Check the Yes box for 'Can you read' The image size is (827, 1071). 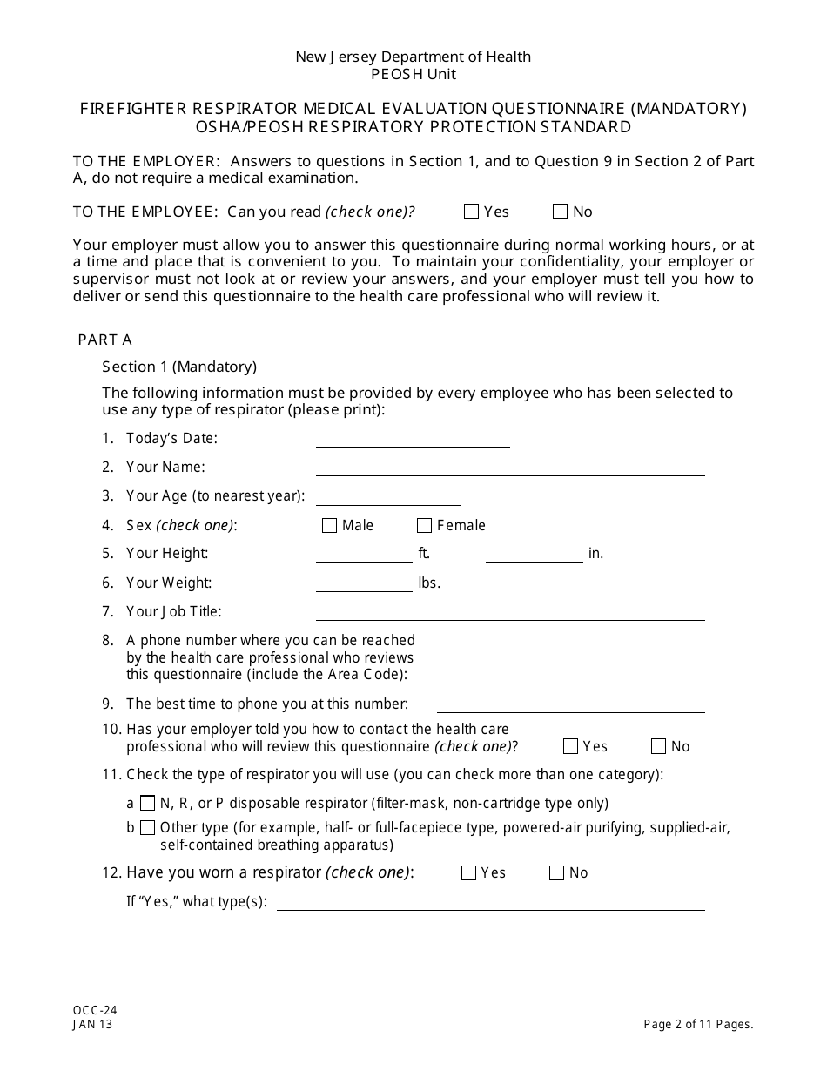(472, 212)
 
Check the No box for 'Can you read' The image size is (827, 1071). (560, 212)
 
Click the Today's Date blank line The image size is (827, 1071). (413, 440)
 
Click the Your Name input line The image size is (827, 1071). (510, 468)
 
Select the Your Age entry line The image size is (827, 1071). (388, 497)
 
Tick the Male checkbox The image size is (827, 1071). (329, 525)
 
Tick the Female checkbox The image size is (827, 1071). (424, 525)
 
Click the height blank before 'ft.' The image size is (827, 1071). (364, 556)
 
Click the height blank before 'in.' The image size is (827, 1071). (534, 556)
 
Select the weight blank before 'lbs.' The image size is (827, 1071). (364, 584)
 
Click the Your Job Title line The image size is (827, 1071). (510, 613)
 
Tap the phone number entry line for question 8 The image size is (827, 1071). (570, 677)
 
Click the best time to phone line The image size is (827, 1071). (570, 705)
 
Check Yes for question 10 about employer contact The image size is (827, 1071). (570, 746)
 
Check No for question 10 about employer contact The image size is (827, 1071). (658, 746)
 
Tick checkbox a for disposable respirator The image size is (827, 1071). (148, 803)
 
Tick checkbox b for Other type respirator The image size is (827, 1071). (148, 827)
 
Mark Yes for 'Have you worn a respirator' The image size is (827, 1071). (468, 873)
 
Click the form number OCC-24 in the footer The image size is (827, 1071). (95, 1010)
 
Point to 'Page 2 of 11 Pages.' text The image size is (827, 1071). (698, 1025)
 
